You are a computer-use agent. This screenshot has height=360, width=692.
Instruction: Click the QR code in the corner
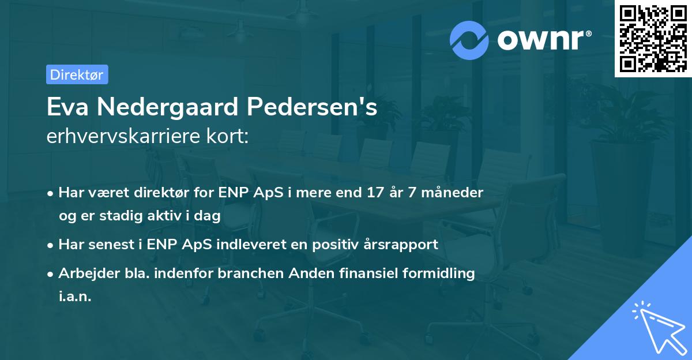653,39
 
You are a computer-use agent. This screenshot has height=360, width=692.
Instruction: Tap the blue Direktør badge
77,74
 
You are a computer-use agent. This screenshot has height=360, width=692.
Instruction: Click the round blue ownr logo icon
469,40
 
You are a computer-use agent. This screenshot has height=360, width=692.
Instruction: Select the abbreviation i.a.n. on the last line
75,297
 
